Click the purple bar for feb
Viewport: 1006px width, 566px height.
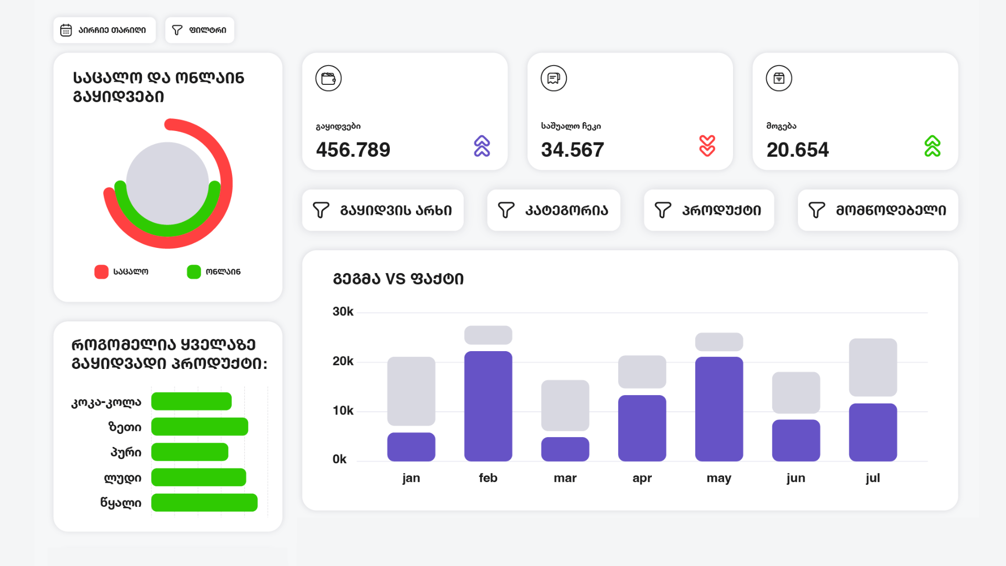(x=488, y=406)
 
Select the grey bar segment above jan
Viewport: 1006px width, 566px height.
(x=411, y=390)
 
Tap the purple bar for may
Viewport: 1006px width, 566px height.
(x=719, y=409)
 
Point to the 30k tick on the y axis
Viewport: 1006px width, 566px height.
(x=343, y=312)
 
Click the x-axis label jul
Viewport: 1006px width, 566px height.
(x=872, y=478)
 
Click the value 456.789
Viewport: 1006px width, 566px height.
(x=353, y=150)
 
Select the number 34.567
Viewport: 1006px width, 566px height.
(x=572, y=150)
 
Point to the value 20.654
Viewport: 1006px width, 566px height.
(x=797, y=150)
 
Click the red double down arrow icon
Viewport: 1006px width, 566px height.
(x=707, y=146)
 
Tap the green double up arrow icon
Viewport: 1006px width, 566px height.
(x=932, y=146)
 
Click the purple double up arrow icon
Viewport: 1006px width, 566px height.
(x=482, y=146)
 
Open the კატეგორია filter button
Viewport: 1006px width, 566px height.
(x=553, y=210)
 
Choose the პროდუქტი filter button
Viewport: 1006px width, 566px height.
(x=708, y=210)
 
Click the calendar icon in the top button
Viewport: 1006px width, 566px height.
(x=66, y=30)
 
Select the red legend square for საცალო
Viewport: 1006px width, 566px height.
(x=101, y=271)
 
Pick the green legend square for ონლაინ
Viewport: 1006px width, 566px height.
(x=194, y=271)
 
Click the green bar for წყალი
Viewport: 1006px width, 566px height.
(x=204, y=503)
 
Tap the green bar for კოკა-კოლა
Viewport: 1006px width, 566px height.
(x=191, y=401)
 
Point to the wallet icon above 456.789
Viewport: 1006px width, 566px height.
(x=329, y=79)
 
